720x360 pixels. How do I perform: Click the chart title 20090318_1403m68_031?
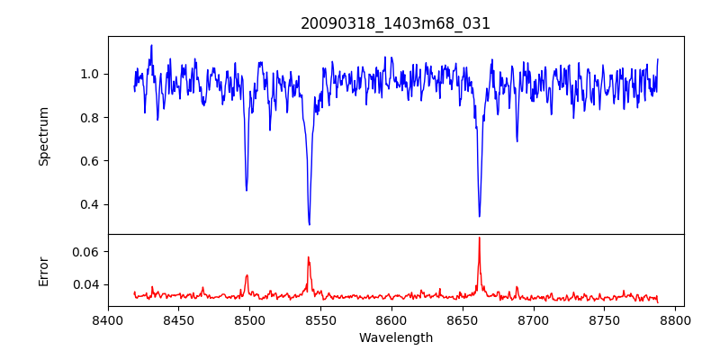(396, 23)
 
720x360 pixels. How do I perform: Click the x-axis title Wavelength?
(396, 337)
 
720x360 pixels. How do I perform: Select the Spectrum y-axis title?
(44, 136)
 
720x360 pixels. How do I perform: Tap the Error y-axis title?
(44, 271)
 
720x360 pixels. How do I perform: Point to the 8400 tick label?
(108, 319)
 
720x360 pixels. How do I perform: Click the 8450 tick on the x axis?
(179, 319)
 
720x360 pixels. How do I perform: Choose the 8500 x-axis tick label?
(249, 319)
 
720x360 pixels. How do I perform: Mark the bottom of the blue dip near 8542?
(310, 224)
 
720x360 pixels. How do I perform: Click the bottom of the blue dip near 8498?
(247, 190)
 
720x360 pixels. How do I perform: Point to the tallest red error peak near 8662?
(479, 238)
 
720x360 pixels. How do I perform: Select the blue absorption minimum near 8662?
(479, 216)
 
